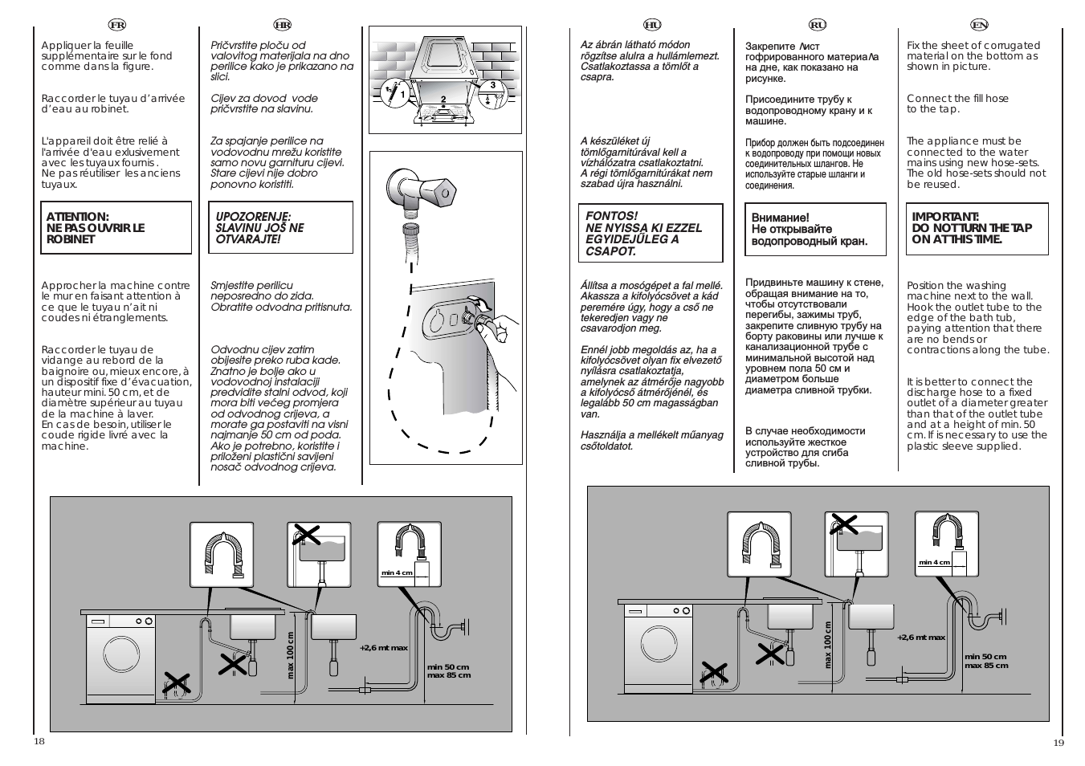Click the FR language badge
coord(116,25)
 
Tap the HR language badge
coord(281,25)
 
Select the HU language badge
coord(652,25)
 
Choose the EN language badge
coord(979,25)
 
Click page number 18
coord(39,741)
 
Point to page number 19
coord(1058,743)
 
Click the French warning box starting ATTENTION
coord(116,228)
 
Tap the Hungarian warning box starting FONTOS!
coord(653,234)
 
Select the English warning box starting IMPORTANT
coord(977,229)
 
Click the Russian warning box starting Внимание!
coord(815,230)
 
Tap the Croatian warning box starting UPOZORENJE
coord(281,228)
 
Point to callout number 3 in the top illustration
coord(493,85)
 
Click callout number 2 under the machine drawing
coord(443,100)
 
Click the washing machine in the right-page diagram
coord(658,649)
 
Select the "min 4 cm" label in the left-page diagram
coord(397,572)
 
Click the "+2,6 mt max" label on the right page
coord(920,638)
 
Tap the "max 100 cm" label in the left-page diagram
coord(292,654)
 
